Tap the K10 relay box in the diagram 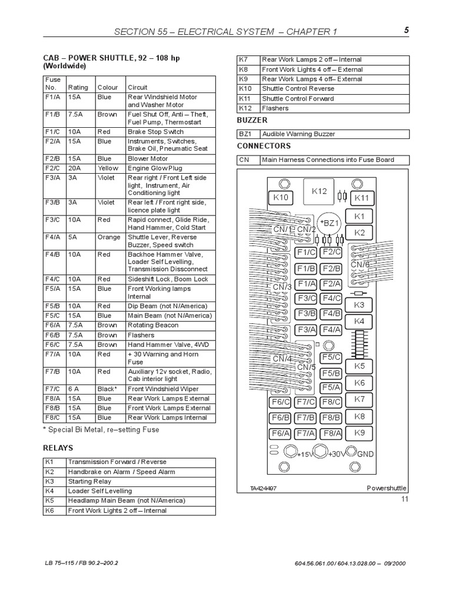tap(281, 198)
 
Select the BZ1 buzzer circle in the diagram tap(330, 223)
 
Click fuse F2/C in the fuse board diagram tap(332, 252)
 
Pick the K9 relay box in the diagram tap(360, 433)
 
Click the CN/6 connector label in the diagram tap(360, 265)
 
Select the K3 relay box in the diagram tap(359, 305)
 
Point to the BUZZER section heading tap(252, 121)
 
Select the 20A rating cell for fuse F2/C tap(76, 168)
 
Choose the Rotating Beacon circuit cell tap(151, 324)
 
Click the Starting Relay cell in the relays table tap(89, 481)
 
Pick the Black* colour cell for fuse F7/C tap(108, 389)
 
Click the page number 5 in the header tap(406, 31)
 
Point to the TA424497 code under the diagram tap(262, 488)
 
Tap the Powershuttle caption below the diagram tap(387, 488)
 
